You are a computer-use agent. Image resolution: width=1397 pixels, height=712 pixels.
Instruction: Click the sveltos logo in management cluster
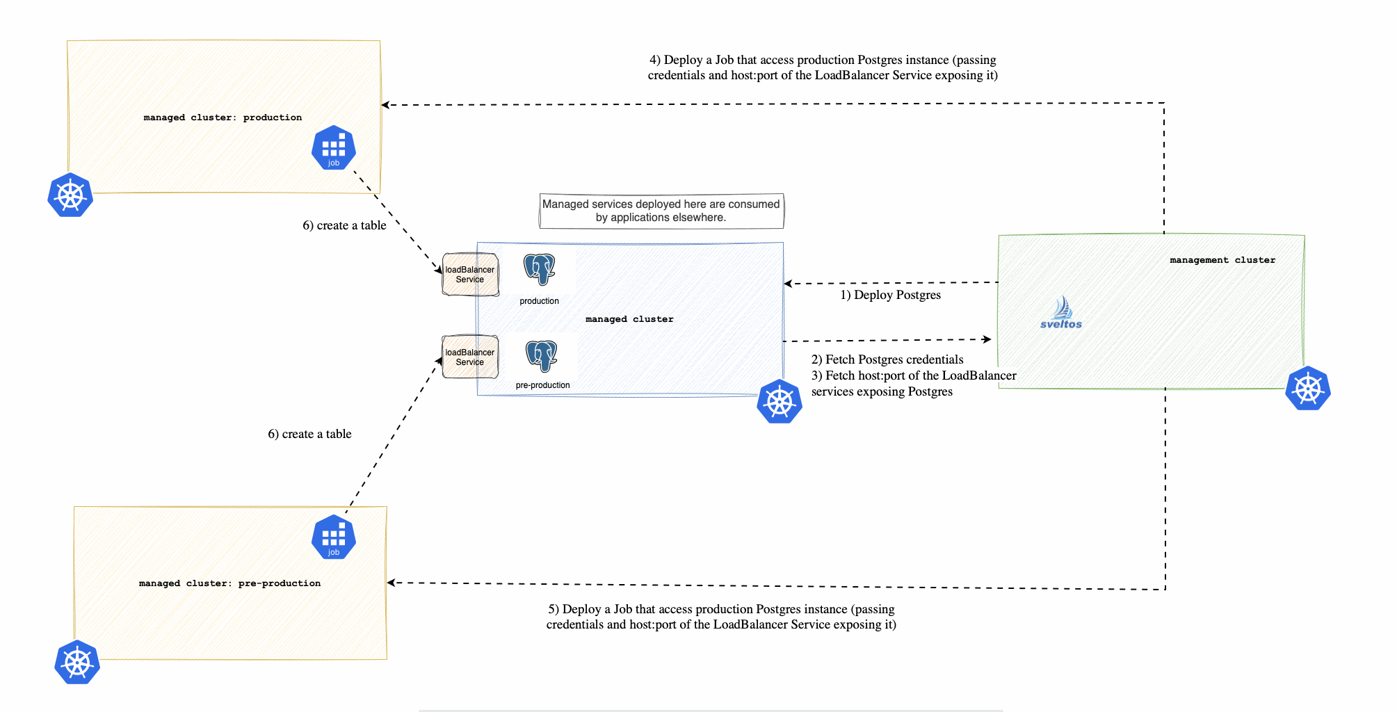[1060, 313]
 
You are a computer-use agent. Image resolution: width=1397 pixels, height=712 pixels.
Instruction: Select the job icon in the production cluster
[334, 147]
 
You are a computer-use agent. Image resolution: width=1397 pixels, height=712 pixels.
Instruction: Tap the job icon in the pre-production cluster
[334, 537]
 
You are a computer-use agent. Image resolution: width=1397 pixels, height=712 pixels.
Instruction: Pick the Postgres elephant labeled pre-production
[542, 356]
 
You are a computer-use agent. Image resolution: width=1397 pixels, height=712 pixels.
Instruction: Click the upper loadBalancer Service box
[470, 275]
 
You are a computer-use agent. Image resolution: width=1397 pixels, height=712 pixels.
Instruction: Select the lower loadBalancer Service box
[470, 357]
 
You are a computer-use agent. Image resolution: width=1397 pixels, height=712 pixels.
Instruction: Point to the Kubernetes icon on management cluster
[1307, 388]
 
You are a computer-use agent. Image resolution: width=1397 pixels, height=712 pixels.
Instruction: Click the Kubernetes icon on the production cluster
[70, 195]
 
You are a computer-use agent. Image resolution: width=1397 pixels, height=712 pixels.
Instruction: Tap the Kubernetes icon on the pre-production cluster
[77, 662]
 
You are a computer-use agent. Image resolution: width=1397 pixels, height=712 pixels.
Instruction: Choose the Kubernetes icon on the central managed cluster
[779, 401]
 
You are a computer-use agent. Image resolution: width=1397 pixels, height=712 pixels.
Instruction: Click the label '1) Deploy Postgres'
[890, 295]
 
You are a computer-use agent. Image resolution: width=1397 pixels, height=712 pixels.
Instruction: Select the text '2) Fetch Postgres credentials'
[887, 359]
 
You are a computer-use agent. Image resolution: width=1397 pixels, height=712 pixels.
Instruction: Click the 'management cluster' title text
[1222, 260]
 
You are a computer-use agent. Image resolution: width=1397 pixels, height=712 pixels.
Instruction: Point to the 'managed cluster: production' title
[223, 118]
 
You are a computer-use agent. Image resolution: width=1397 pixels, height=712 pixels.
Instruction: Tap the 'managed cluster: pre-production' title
[229, 583]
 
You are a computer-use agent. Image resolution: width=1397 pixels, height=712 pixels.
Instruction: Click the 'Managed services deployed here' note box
[661, 211]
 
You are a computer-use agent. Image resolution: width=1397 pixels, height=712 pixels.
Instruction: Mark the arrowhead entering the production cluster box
[385, 105]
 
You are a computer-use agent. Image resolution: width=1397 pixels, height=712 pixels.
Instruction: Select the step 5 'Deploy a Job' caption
[721, 617]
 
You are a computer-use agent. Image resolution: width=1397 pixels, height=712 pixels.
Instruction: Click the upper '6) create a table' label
[344, 225]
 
